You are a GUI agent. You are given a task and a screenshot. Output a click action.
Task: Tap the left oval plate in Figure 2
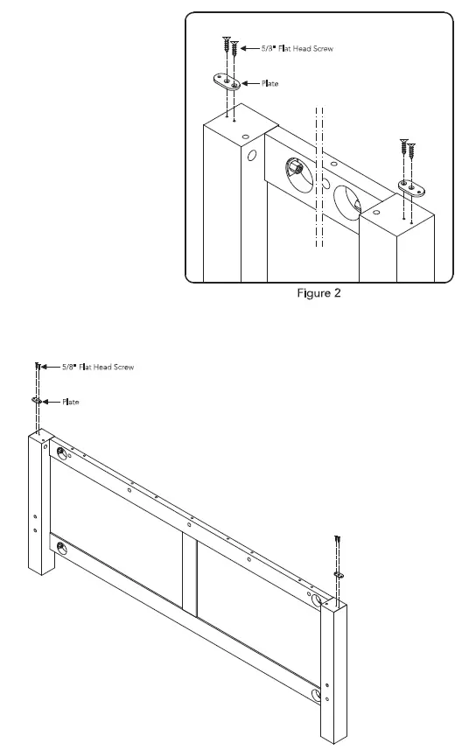click(x=227, y=81)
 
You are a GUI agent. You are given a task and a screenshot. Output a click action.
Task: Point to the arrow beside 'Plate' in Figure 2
click(x=252, y=82)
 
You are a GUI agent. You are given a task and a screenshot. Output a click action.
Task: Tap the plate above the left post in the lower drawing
click(x=38, y=400)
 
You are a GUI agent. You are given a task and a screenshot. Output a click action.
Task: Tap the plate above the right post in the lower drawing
click(x=339, y=574)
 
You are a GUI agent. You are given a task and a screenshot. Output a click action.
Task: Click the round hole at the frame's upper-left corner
click(x=61, y=452)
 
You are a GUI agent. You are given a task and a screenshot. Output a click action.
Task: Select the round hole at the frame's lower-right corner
click(x=317, y=696)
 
